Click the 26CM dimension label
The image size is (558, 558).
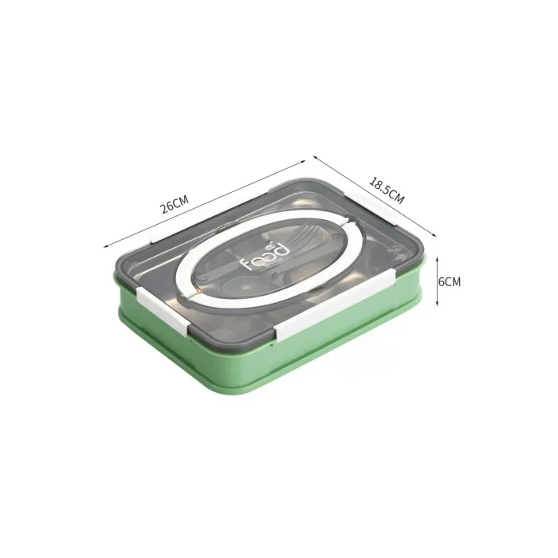coord(174,204)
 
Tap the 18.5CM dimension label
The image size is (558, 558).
coord(387,191)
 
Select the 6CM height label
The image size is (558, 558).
coord(449,281)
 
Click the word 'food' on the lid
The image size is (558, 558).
coord(265,256)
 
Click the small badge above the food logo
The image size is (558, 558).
coord(269,246)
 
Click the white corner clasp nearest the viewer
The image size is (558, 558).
coord(163,311)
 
